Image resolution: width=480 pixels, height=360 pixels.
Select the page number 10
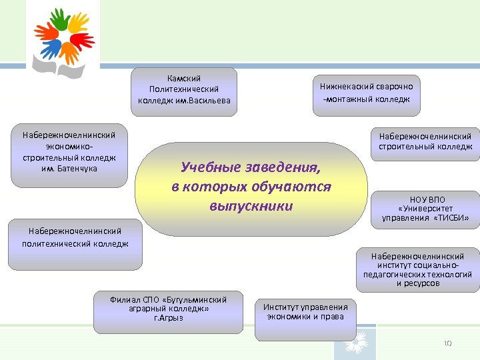447,343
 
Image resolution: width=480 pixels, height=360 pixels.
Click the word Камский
184,79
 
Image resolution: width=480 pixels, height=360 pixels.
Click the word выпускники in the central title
251,206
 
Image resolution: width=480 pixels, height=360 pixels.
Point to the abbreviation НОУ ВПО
426,199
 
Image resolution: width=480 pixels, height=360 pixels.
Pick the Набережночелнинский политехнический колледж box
75,237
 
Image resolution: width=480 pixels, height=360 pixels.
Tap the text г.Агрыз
168,318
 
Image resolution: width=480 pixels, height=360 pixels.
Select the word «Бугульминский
193,300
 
